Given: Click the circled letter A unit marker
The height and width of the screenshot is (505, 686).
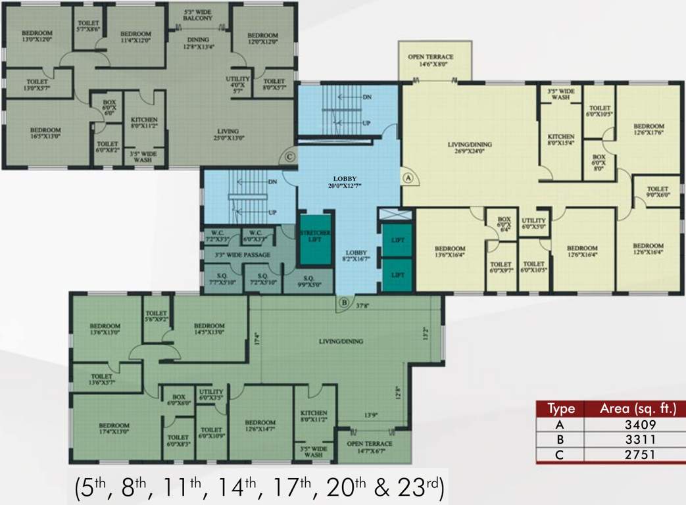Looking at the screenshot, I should pos(408,177).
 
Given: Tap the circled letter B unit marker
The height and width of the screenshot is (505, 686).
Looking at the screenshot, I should pos(344,303).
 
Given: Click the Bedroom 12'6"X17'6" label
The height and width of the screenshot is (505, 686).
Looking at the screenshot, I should pos(648,130).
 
